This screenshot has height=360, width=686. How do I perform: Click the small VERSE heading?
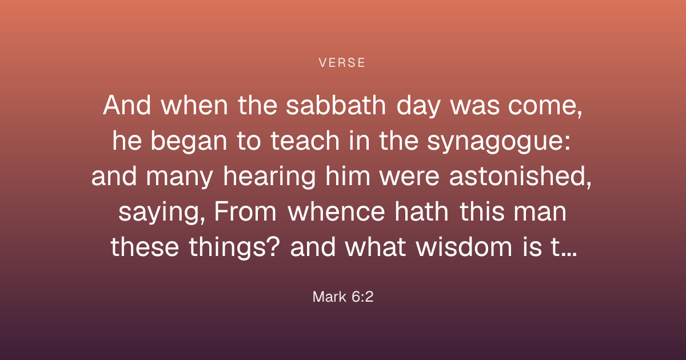click(x=342, y=63)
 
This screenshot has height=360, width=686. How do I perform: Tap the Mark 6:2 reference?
click(x=343, y=297)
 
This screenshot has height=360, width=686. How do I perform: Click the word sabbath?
click(x=336, y=105)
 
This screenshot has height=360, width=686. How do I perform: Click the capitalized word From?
click(x=245, y=212)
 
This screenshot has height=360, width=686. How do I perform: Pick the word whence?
click(x=336, y=212)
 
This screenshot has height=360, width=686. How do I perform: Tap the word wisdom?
click(x=464, y=247)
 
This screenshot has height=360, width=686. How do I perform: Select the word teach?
click(x=305, y=141)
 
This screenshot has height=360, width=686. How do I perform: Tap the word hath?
click(x=421, y=212)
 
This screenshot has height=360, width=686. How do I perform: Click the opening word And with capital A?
click(x=127, y=105)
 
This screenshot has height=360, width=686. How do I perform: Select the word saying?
click(x=161, y=213)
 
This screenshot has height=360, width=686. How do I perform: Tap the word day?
click(x=418, y=107)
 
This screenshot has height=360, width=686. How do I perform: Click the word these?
click(x=145, y=247)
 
